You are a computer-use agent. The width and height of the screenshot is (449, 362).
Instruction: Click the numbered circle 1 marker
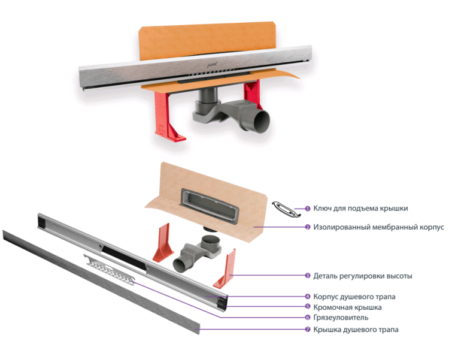coord(308,209)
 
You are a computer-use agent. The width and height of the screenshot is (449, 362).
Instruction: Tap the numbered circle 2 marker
coord(308,228)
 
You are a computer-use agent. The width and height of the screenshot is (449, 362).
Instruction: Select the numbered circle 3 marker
coord(308,276)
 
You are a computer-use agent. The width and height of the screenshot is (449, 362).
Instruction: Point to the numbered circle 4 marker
coord(308,297)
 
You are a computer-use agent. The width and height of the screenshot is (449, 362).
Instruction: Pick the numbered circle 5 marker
coord(308,307)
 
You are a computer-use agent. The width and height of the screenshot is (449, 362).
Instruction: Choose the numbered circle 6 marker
coord(308,318)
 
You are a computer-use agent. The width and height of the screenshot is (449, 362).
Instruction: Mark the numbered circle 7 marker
coord(308,330)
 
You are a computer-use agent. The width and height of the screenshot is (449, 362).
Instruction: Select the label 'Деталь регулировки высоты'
coord(363,276)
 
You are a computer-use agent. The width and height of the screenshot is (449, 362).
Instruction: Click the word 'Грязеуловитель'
coord(341,318)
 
